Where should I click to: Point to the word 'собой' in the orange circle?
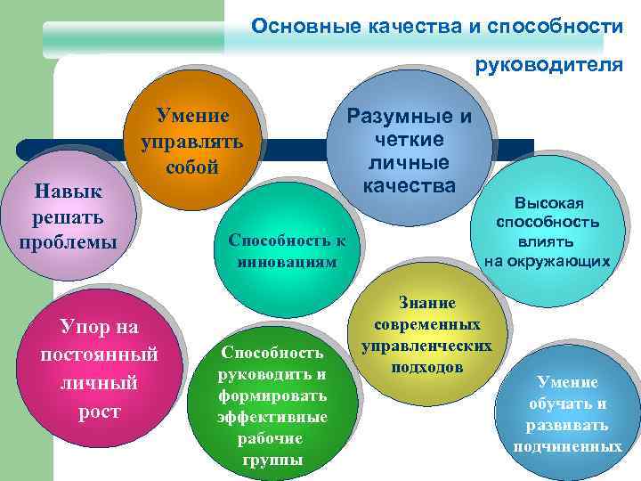192,167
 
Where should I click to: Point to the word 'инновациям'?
288,262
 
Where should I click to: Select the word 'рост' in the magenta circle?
99,412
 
